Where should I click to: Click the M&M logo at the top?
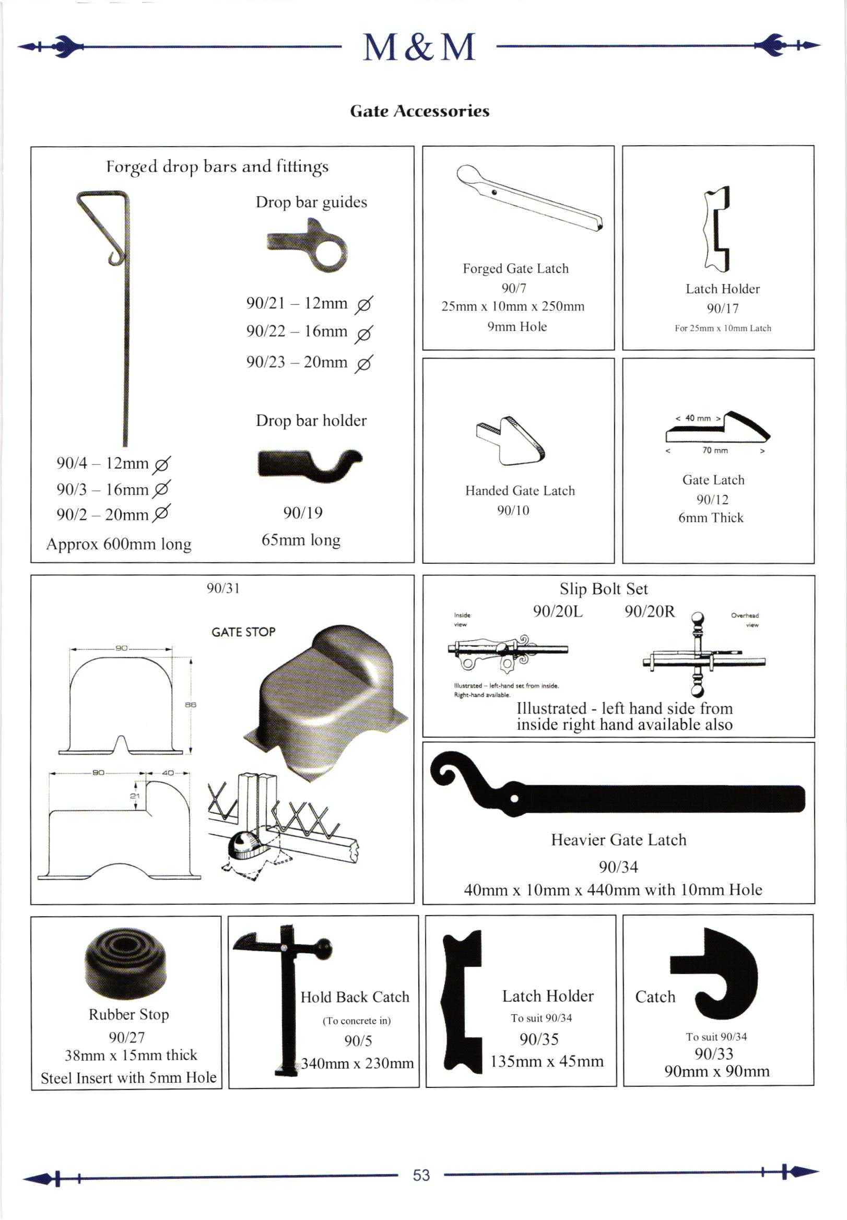pyautogui.click(x=419, y=47)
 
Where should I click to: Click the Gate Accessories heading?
pyautogui.click(x=419, y=111)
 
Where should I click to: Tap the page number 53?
pyautogui.click(x=421, y=1175)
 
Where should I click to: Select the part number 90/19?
pyautogui.click(x=302, y=513)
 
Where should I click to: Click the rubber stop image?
pyautogui.click(x=125, y=963)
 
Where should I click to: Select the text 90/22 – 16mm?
pyautogui.click(x=297, y=331)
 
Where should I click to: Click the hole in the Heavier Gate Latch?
pyautogui.click(x=514, y=799)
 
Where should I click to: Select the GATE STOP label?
pyautogui.click(x=243, y=632)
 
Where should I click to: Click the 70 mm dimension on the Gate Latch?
pyautogui.click(x=715, y=451)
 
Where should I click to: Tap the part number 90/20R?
pyautogui.click(x=650, y=612)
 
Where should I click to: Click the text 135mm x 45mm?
pyautogui.click(x=547, y=1061)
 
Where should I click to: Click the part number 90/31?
pyautogui.click(x=223, y=588)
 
